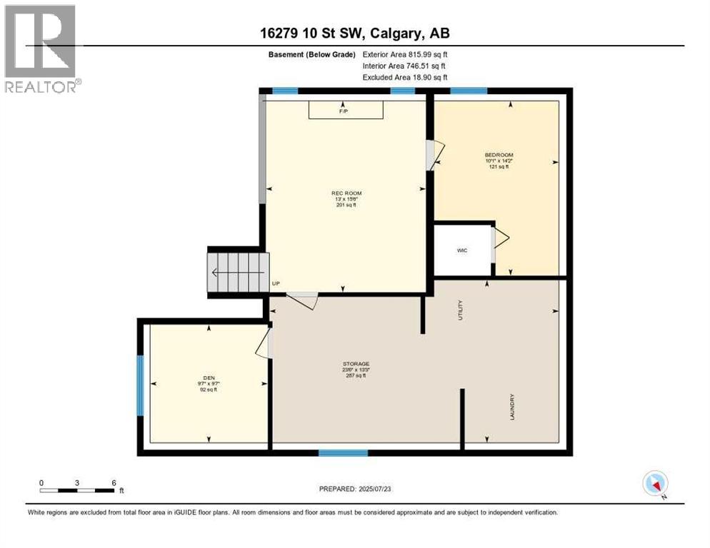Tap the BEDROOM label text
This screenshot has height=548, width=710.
(x=499, y=155)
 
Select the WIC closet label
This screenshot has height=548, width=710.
(x=462, y=250)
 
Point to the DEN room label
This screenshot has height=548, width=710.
(x=209, y=378)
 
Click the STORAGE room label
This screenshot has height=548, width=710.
(x=355, y=364)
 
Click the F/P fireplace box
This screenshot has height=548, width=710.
(x=346, y=110)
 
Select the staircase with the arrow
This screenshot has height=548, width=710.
(x=238, y=271)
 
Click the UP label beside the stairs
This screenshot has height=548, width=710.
(x=275, y=283)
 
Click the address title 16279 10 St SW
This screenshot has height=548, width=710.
(x=355, y=33)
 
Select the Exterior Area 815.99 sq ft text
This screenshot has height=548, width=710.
(x=405, y=54)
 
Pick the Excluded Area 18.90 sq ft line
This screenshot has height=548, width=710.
(x=405, y=77)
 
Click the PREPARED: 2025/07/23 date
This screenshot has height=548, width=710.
(x=355, y=489)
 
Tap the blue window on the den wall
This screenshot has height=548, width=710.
(x=140, y=385)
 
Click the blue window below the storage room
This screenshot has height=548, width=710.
(x=343, y=452)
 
